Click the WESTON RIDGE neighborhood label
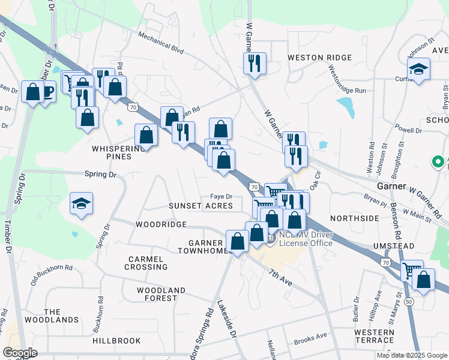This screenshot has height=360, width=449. click(x=319, y=58)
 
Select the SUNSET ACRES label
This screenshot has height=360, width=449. click(x=200, y=206)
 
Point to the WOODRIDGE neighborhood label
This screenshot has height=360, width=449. click(x=161, y=224)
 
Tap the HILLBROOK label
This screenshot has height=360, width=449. click(x=116, y=340)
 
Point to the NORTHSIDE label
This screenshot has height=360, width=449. click(x=354, y=218)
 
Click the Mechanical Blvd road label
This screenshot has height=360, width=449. click(x=160, y=43)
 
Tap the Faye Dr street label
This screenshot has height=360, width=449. click(x=220, y=196)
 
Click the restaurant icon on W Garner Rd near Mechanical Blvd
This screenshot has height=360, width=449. click(x=255, y=63)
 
